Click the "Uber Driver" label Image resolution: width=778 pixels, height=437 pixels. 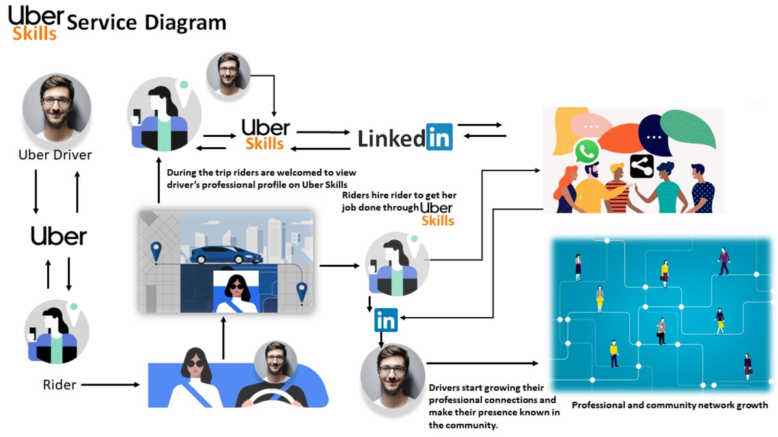tap(55, 155)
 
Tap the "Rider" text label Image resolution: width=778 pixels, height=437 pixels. tap(60, 385)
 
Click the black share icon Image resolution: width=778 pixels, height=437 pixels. tap(641, 166)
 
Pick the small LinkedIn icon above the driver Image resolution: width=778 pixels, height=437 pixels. tap(385, 320)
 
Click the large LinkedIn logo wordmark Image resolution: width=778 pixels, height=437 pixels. tap(405, 138)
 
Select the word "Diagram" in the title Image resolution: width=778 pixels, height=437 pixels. tap(186, 23)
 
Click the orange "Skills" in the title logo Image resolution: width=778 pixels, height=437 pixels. tap(34, 34)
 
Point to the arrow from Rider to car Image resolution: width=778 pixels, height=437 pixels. tap(110, 385)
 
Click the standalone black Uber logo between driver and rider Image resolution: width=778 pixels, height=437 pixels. tap(59, 236)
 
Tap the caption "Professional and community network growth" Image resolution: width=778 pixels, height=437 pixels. tap(669, 405)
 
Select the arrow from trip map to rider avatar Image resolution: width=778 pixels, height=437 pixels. tap(339, 266)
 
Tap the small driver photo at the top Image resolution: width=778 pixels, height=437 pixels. tap(228, 74)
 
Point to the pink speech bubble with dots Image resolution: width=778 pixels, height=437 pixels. tap(591, 125)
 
